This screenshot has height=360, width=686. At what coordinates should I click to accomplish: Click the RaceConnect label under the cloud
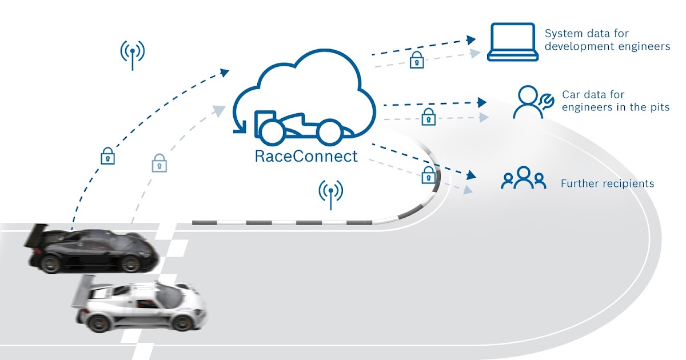point(306,156)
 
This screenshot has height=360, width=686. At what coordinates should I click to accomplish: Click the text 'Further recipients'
point(607,184)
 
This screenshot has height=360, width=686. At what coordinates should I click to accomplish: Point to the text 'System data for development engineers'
point(607,40)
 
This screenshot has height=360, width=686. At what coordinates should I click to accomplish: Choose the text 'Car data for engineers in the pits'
point(615,101)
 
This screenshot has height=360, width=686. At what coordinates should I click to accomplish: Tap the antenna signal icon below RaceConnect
point(330,194)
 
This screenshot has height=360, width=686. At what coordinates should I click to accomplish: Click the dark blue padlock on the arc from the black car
point(107,155)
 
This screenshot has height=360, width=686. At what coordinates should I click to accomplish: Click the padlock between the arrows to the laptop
point(417,59)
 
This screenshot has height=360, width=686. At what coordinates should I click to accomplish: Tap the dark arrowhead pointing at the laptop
point(470,39)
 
